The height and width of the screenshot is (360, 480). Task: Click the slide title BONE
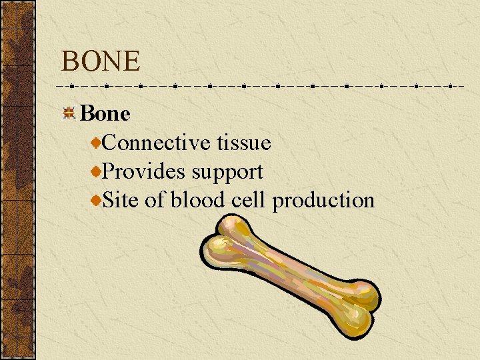[101, 61]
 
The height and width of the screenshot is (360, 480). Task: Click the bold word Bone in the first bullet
[105, 114]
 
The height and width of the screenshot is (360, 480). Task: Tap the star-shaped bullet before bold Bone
[69, 114]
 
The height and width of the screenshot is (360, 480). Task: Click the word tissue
[243, 143]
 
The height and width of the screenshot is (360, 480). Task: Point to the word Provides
[145, 171]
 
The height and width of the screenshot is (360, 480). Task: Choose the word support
[227, 173]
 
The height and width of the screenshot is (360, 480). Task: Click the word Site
[121, 200]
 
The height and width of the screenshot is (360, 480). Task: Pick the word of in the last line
[154, 200]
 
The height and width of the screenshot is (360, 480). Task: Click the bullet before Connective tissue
[97, 143]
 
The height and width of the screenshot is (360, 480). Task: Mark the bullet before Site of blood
[97, 200]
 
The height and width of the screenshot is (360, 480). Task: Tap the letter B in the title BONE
[69, 61]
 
